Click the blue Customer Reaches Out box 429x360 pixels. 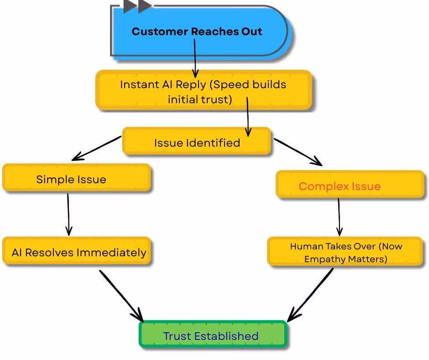(x=201, y=32)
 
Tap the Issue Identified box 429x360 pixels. (x=196, y=141)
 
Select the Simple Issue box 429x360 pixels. (x=77, y=178)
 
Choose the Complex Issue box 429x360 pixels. (x=350, y=185)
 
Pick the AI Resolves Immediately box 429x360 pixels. (x=77, y=251)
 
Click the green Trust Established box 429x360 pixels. (x=213, y=334)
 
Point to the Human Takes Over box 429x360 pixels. (x=345, y=252)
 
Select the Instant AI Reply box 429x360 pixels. (x=204, y=90)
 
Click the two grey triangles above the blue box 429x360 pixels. (x=137, y=6)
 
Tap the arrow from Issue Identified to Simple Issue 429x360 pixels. (x=96, y=148)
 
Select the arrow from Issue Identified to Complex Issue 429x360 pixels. (x=298, y=152)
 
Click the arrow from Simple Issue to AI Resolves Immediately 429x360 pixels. (x=68, y=215)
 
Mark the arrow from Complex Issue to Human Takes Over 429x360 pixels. (x=339, y=217)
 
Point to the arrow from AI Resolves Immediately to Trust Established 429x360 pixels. (x=121, y=296)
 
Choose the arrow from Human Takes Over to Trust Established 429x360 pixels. (x=310, y=295)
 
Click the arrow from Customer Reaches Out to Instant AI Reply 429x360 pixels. (x=195, y=58)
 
